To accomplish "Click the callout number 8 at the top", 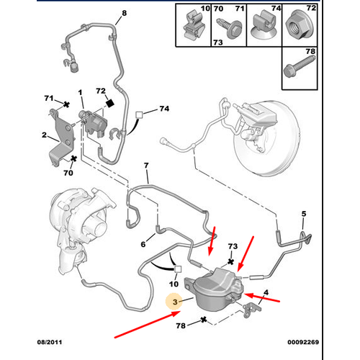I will coord(123,14).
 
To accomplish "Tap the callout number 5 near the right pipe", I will coord(303,214).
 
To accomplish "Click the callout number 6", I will coord(143,246).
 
